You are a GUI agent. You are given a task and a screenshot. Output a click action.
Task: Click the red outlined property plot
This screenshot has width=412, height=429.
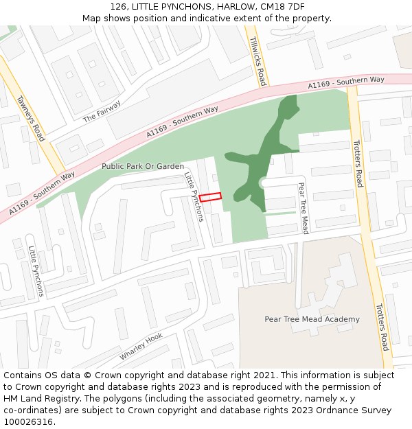(x=211, y=197)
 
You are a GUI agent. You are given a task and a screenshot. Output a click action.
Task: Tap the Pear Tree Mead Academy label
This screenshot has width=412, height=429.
(x=312, y=319)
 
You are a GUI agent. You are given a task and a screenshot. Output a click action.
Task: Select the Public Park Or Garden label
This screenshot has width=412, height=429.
(x=143, y=166)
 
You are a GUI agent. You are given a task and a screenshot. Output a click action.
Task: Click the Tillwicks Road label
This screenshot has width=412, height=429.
(x=258, y=61)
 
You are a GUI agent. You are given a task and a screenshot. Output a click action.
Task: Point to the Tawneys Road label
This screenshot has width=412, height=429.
(x=31, y=117)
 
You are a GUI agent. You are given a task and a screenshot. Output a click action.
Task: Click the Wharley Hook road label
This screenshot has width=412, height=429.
(x=141, y=347)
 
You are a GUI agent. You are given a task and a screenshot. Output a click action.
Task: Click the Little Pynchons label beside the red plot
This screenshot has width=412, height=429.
(x=194, y=197)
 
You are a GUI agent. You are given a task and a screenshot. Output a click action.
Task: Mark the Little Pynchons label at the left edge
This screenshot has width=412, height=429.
(x=36, y=271)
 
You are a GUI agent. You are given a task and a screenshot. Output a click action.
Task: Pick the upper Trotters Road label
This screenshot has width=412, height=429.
(x=357, y=163)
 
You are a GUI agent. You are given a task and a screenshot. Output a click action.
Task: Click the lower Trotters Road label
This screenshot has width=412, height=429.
(x=381, y=326)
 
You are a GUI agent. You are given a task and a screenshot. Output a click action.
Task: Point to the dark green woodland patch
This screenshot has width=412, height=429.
(x=263, y=154)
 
